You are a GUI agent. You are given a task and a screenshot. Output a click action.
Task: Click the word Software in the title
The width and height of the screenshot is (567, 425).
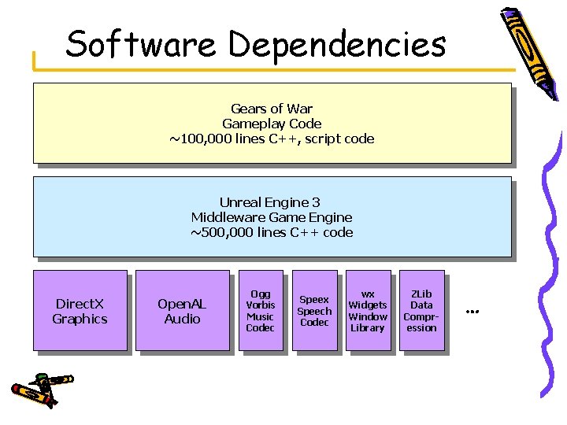(x=140, y=45)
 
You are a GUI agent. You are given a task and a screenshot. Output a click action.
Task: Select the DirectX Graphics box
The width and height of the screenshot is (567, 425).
(x=80, y=311)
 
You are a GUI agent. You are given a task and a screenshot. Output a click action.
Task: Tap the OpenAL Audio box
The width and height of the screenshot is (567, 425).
(x=182, y=311)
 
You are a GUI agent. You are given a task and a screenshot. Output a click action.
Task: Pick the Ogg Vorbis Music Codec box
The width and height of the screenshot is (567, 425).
(x=260, y=311)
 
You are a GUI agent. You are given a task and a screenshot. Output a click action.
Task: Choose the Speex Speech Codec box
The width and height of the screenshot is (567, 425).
(x=314, y=311)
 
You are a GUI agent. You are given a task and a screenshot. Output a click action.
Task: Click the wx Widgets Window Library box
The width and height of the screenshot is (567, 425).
(x=368, y=311)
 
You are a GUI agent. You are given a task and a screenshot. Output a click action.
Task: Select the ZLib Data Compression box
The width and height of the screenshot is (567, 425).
(x=421, y=311)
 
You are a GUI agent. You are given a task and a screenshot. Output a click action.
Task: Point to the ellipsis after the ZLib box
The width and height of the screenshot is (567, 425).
(x=472, y=312)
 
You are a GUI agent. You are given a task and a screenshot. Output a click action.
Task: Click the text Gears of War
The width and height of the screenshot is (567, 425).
(x=272, y=109)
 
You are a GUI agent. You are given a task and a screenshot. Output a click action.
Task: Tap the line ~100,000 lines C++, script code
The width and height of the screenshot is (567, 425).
(x=272, y=139)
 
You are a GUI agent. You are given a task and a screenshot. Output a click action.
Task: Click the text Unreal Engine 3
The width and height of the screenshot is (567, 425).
(x=270, y=202)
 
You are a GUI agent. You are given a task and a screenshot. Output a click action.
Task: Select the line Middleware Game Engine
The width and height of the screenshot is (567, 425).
(x=272, y=217)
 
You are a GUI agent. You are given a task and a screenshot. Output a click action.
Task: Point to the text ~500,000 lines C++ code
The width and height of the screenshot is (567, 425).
(x=272, y=232)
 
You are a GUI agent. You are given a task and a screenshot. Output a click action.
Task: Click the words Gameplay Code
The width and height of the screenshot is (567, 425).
(x=272, y=124)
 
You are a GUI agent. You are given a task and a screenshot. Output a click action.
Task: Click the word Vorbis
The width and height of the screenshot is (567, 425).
(x=260, y=305)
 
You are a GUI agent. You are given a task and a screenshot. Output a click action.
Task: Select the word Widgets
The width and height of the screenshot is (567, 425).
(x=368, y=305)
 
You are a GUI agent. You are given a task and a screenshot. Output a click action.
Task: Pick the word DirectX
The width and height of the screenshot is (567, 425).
(x=80, y=304)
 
